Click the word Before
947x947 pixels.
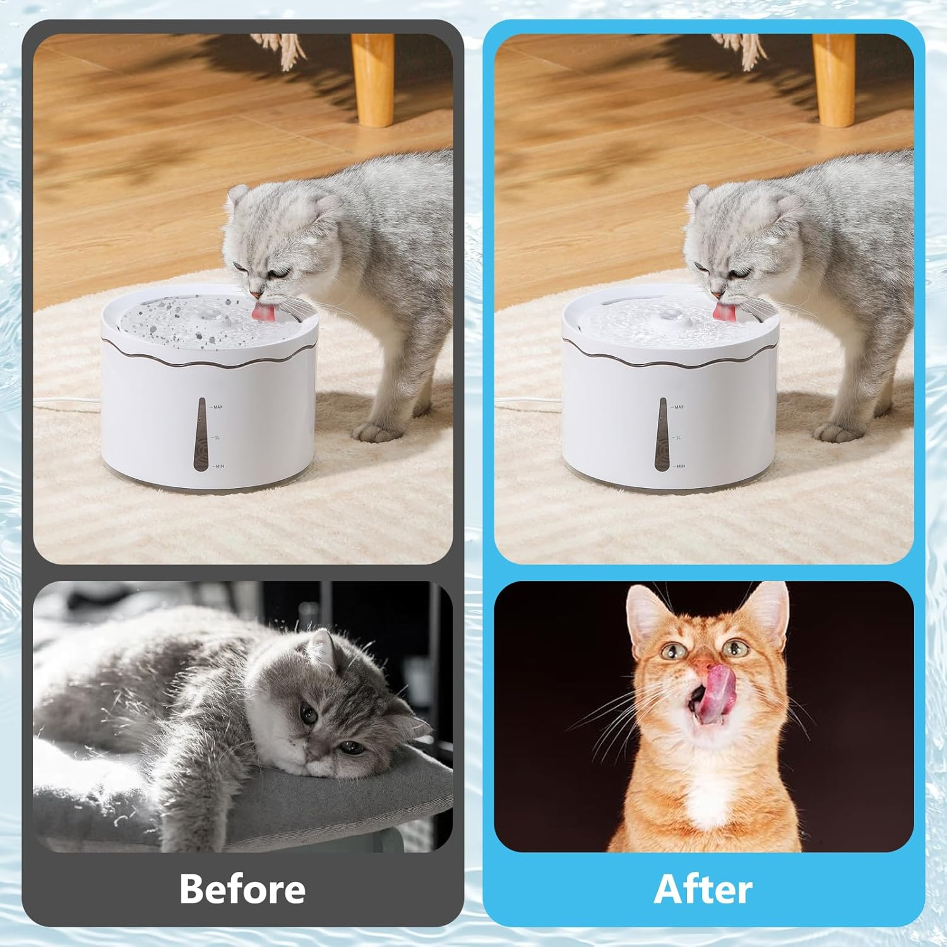coord(242,889)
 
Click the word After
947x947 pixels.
coord(703,889)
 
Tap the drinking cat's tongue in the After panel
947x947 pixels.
coord(720,312)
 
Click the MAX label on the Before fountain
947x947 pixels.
coord(218,407)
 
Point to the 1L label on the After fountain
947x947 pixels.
coord(678,437)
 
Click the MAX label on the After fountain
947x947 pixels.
coord(679,407)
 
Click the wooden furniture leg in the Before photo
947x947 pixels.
coord(372,76)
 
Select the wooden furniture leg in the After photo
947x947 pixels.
coord(833,76)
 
